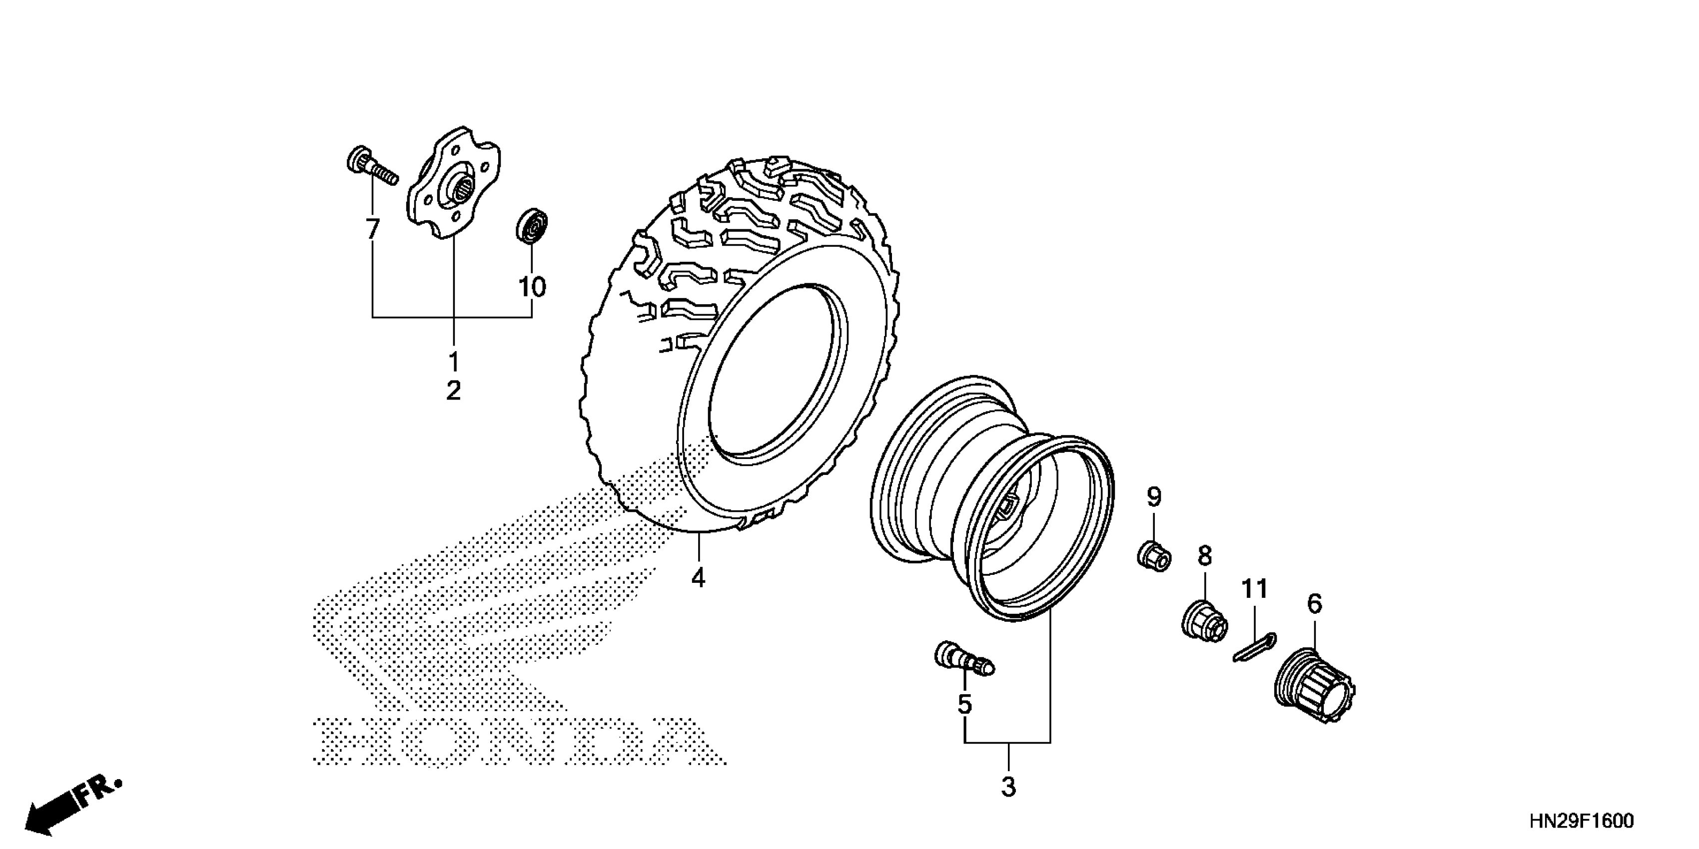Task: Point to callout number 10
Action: pos(532,287)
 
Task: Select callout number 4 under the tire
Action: pos(699,578)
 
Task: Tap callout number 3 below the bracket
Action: pos(1008,787)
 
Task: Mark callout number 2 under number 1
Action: pos(454,392)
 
